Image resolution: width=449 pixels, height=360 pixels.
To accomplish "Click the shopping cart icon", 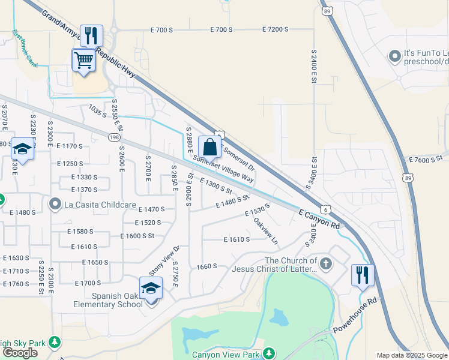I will tap(83, 60).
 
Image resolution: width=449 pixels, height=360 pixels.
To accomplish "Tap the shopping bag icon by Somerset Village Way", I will tap(209, 147).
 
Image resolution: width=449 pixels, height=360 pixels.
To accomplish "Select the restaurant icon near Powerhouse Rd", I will tap(363, 275).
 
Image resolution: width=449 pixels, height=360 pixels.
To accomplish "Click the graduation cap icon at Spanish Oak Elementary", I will tap(151, 289).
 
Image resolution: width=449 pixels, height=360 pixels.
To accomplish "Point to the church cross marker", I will tap(325, 263).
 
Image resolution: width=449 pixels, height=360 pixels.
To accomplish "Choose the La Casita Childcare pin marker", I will tap(56, 204).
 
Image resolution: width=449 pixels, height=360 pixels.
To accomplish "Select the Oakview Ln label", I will tap(265, 230).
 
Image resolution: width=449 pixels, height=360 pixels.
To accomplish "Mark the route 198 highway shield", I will tap(113, 137).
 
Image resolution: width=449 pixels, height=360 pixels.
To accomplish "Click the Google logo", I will tap(20, 352).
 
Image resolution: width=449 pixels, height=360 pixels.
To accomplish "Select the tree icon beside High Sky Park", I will tap(55, 342).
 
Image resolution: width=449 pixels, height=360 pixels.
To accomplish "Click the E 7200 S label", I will tap(276, 29).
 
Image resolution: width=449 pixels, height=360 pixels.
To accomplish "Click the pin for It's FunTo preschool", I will tap(394, 56).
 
